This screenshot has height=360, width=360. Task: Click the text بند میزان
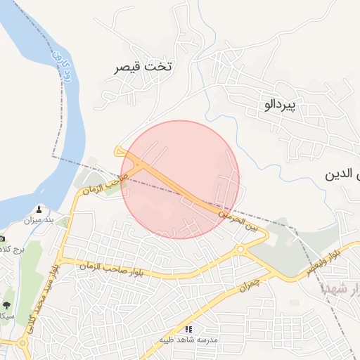coord(39,221)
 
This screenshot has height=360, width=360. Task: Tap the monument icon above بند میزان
coord(39,210)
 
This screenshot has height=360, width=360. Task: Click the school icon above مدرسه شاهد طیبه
coord(188,328)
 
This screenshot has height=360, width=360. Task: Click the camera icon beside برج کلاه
coord(1,239)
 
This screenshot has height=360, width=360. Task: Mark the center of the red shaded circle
coord(181,179)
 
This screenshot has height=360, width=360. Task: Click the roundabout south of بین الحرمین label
coord(240,248)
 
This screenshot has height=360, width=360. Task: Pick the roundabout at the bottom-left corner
coord(23,345)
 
